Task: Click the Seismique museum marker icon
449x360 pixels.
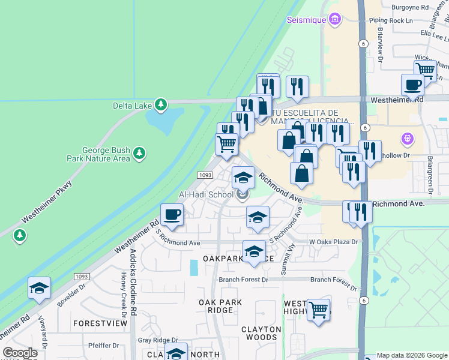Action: (x=335, y=20)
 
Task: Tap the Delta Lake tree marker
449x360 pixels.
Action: (x=160, y=106)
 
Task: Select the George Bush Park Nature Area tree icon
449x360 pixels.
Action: (x=139, y=154)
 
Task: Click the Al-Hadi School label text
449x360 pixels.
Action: (x=206, y=195)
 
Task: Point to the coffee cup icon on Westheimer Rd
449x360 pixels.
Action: (x=172, y=215)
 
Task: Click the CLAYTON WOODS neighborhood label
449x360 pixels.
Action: (x=261, y=334)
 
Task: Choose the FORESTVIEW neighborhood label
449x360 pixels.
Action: (x=100, y=323)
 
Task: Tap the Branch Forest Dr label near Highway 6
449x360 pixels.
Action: (x=330, y=280)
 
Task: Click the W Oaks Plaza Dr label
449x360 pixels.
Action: (x=333, y=242)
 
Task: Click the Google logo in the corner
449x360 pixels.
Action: (x=20, y=353)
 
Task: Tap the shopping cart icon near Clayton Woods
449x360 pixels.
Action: (x=319, y=310)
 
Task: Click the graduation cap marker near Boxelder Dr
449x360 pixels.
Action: (x=39, y=288)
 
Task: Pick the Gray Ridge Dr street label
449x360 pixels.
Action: (x=158, y=340)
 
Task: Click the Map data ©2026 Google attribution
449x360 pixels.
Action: (x=412, y=355)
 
